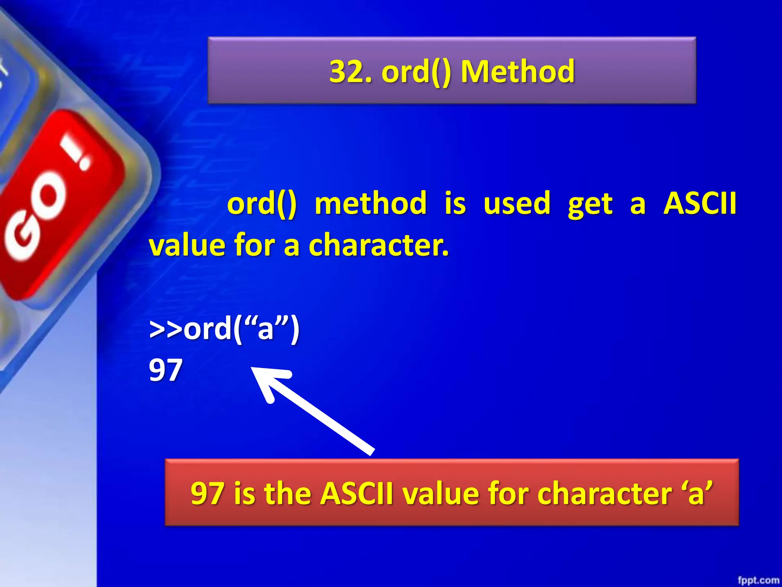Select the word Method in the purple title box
517,72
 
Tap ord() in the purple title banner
416,72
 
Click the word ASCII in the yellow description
700,203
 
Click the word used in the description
517,203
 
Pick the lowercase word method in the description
370,203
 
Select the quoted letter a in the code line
266,329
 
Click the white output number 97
165,370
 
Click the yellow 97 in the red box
207,493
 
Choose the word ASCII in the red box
356,493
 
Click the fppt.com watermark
758,580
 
